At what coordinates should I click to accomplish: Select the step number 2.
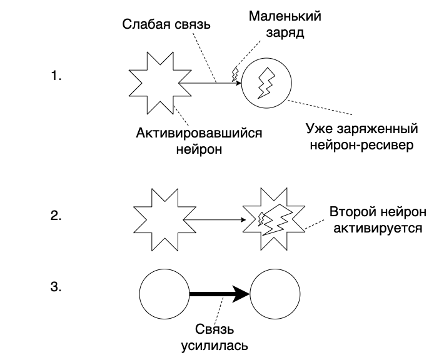coord(56,216)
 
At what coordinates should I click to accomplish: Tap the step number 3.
coord(56,287)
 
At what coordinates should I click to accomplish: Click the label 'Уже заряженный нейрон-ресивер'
coord(361,137)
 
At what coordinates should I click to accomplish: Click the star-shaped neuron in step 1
coord(153,83)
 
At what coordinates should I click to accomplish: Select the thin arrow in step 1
coord(210,83)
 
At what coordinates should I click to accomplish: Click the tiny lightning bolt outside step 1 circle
coord(236,74)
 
